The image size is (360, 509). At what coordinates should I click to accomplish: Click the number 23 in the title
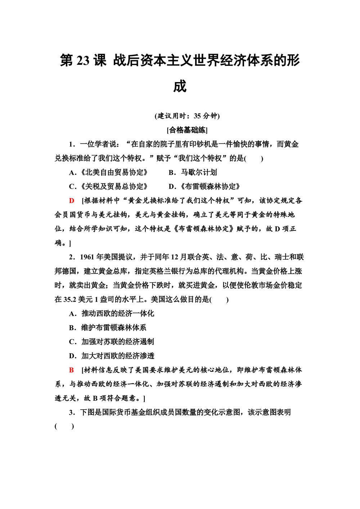coord(82,60)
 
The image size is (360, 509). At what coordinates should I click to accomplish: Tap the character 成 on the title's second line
coord(180,87)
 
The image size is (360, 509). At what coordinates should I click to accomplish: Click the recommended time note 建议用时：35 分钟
coord(187,116)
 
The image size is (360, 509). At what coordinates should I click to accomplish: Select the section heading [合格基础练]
coord(187,130)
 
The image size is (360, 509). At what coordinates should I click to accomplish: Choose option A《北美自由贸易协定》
coord(108,172)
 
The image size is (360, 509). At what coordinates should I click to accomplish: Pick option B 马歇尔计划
coord(193,172)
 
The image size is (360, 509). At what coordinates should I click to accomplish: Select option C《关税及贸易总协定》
coord(108,186)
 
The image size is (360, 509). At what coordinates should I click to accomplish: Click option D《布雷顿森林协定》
coord(204,186)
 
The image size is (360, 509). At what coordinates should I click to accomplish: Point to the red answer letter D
coord(72,201)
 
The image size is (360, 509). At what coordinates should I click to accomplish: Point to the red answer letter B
coord(72,370)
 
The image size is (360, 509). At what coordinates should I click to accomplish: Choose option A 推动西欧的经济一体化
coord(112,314)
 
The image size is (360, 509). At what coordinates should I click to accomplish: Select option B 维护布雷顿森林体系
coord(108,328)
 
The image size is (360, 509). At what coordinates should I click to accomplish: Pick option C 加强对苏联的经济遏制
coord(112,342)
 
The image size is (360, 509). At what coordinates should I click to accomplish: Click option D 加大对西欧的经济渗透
coord(112,356)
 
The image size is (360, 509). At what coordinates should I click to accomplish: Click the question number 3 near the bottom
coord(71,413)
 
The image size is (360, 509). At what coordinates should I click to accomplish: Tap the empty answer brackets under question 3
coord(64,427)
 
